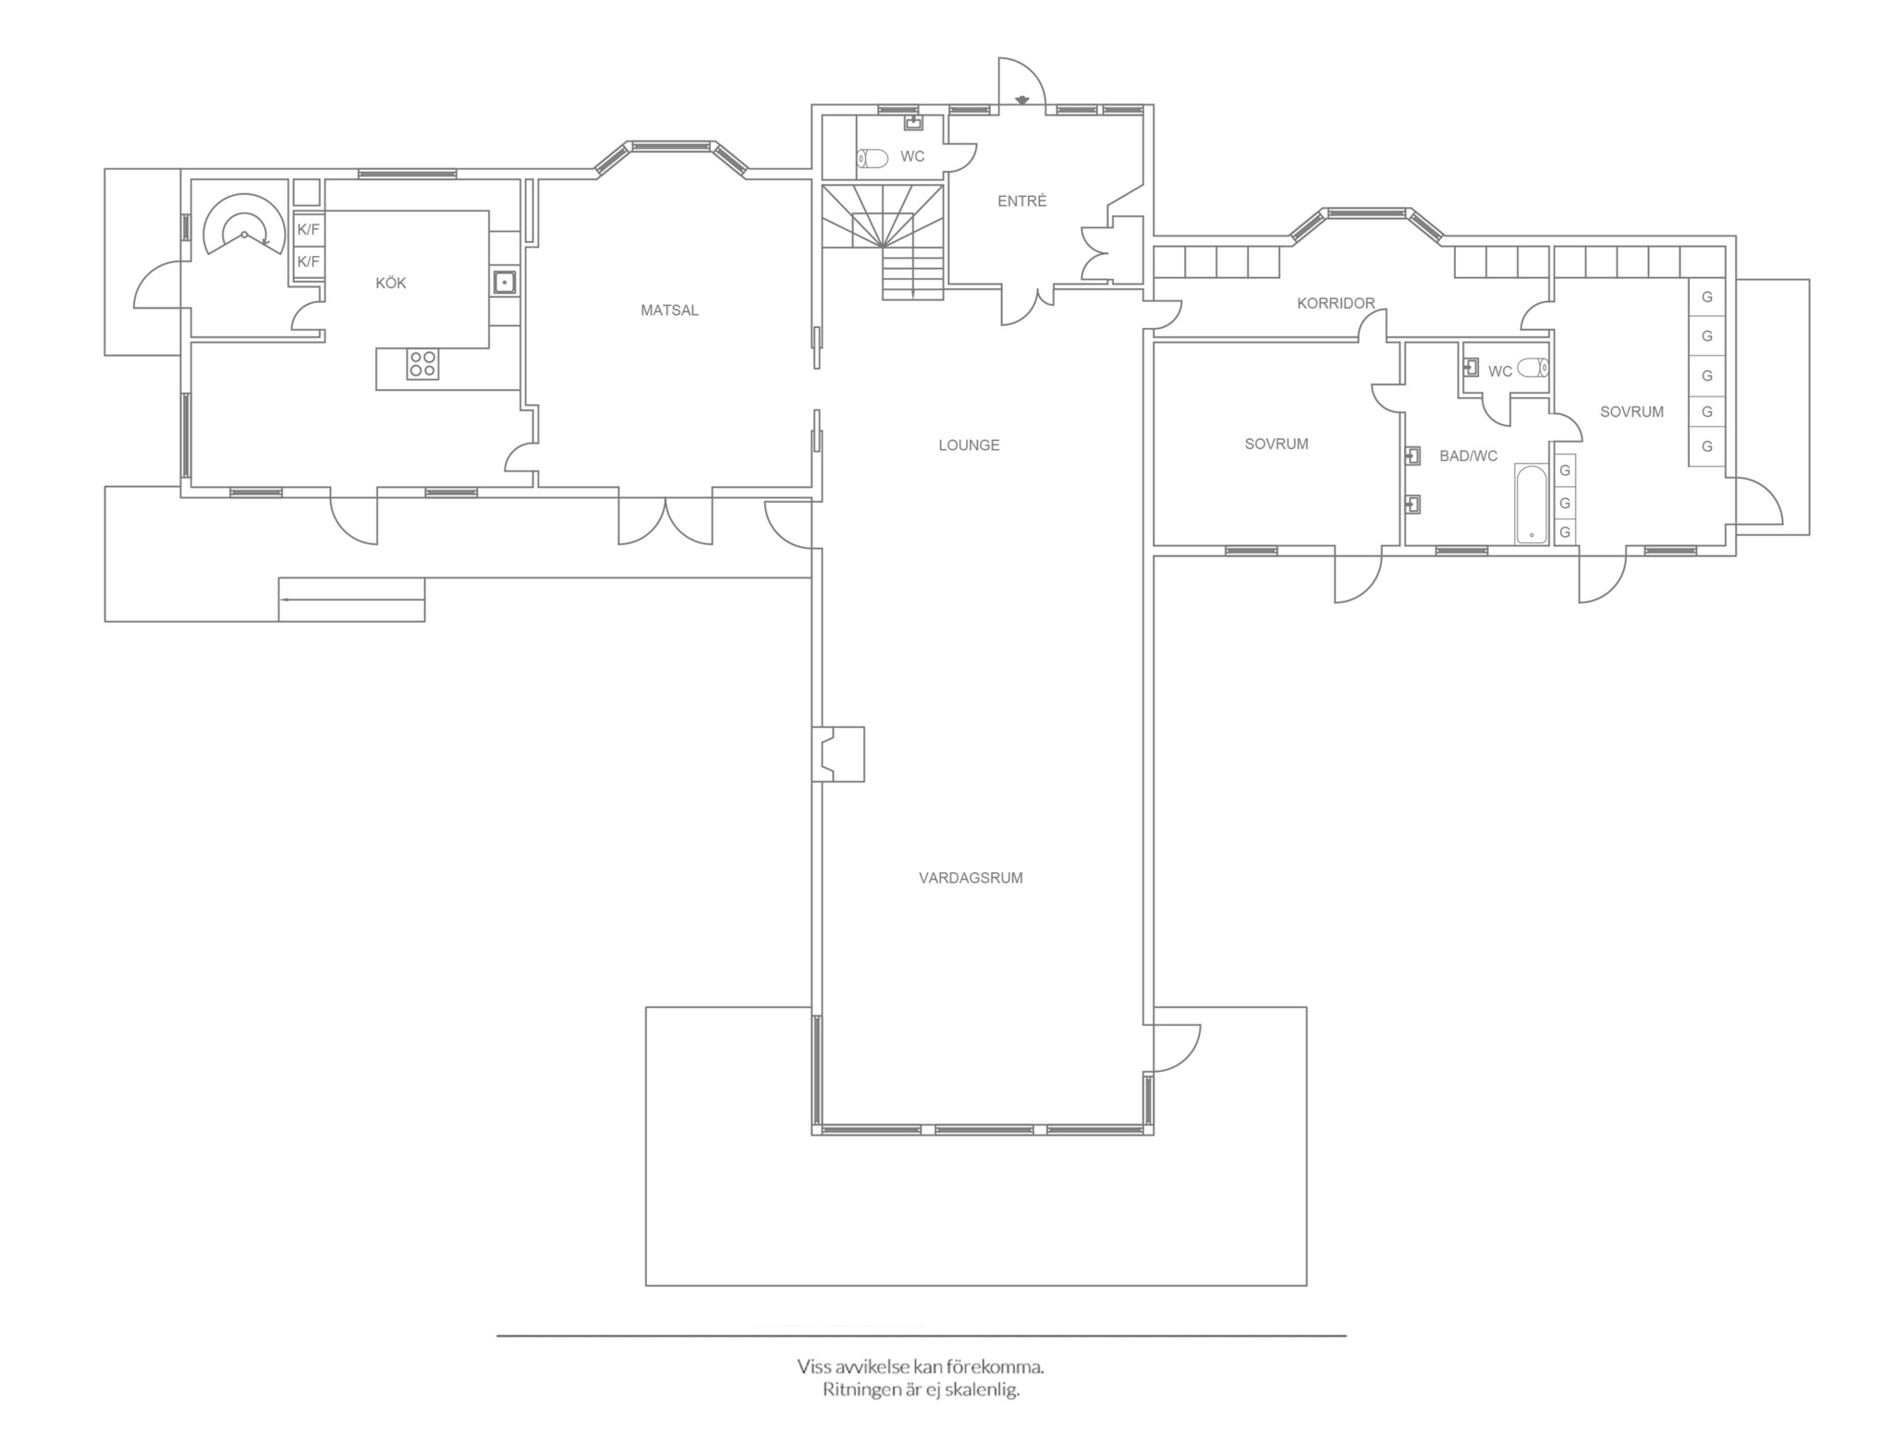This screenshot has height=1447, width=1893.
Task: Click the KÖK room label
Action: [390, 283]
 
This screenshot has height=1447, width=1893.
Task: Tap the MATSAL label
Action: [669, 310]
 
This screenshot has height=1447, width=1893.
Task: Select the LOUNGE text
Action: [969, 445]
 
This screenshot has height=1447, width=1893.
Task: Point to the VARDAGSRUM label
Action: [971, 878]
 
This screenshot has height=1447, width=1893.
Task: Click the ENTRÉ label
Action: [1021, 201]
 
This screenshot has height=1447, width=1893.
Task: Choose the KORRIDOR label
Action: [1336, 303]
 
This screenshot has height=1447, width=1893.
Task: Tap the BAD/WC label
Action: [1468, 456]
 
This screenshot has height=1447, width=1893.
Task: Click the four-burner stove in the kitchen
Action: [422, 364]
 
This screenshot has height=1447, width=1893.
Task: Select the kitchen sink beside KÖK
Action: [504, 281]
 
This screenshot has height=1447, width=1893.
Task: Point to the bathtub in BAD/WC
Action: [1531, 504]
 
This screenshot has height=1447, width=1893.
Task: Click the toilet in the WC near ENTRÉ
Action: [872, 159]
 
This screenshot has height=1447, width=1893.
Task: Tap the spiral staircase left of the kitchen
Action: [243, 225]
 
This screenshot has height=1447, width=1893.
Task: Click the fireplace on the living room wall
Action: [838, 754]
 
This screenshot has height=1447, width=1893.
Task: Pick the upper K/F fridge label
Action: [308, 229]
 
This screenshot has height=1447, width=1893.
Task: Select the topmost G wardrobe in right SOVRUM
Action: [1707, 298]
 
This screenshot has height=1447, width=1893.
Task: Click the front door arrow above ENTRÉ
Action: [1022, 100]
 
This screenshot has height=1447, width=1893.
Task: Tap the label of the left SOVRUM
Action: [1276, 444]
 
